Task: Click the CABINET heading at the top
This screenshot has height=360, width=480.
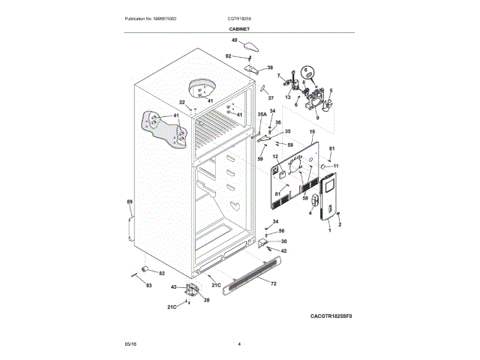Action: [x=240, y=28]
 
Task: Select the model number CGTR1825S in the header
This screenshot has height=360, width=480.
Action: [x=240, y=18]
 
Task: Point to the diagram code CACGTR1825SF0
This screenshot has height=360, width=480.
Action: [x=331, y=316]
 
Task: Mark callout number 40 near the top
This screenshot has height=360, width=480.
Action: [x=234, y=40]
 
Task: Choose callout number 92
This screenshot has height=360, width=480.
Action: [x=229, y=56]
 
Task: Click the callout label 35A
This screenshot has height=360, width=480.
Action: [x=262, y=115]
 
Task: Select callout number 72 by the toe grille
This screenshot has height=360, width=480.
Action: [x=273, y=283]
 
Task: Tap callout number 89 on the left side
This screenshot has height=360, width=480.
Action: [x=129, y=202]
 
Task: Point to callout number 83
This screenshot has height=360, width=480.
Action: [x=148, y=285]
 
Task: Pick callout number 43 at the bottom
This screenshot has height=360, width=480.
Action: [x=173, y=287]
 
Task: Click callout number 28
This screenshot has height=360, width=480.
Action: [x=206, y=300]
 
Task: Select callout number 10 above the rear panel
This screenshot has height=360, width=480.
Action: [x=311, y=131]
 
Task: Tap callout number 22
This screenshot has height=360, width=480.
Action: [x=181, y=102]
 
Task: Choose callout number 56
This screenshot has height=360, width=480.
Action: [x=282, y=231]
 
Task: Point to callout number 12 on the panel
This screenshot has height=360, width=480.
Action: [x=275, y=156]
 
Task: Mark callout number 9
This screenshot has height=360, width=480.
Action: [x=317, y=118]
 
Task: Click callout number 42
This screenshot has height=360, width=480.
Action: [x=283, y=250]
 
